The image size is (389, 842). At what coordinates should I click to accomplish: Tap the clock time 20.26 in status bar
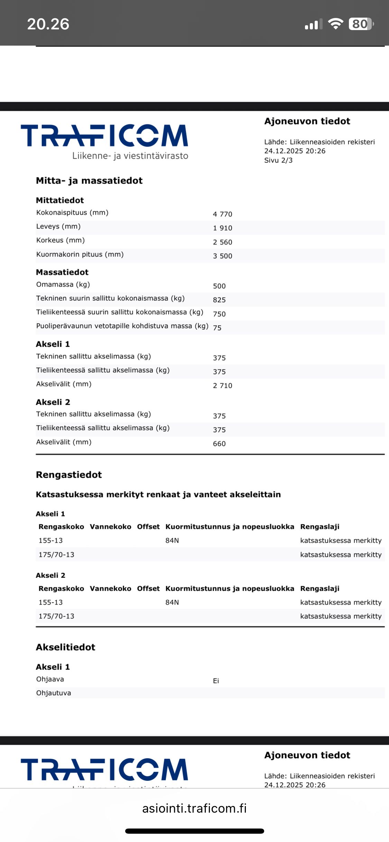click(x=48, y=24)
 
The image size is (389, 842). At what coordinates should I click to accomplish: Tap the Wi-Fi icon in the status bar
click(x=335, y=24)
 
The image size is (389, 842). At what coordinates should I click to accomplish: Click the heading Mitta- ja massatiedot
click(x=89, y=181)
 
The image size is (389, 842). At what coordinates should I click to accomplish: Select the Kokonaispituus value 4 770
click(x=222, y=214)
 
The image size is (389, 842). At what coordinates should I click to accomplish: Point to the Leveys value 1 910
click(x=222, y=228)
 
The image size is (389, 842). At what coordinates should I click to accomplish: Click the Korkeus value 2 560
click(x=222, y=242)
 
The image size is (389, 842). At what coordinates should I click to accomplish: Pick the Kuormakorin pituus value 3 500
click(x=222, y=256)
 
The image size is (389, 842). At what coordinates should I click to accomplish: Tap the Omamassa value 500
click(x=219, y=286)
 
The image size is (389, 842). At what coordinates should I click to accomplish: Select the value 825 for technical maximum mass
click(x=219, y=300)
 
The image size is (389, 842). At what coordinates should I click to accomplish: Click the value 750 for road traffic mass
click(x=219, y=314)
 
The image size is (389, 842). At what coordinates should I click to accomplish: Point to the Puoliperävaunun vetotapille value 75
click(x=217, y=328)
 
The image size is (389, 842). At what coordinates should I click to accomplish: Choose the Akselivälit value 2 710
click(x=222, y=386)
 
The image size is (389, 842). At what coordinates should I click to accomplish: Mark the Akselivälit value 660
click(x=219, y=444)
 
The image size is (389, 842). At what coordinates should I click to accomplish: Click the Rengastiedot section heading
click(x=69, y=475)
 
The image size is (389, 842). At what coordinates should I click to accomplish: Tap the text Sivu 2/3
click(x=278, y=160)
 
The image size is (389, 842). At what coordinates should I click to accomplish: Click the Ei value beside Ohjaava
click(x=216, y=681)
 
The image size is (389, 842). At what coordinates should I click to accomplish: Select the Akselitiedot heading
click(x=65, y=647)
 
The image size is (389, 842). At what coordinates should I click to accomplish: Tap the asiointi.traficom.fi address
click(x=194, y=808)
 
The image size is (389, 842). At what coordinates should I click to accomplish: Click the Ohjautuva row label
click(x=54, y=693)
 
